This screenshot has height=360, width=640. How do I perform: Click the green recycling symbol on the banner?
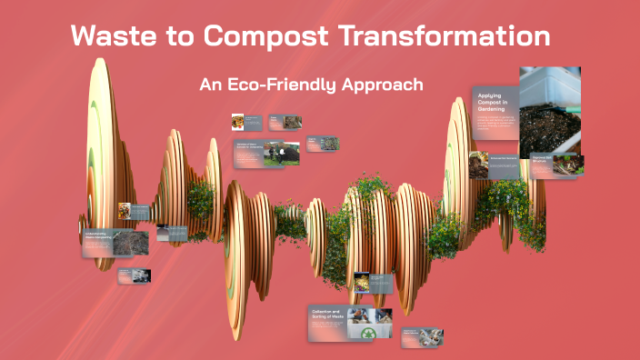click(369, 335)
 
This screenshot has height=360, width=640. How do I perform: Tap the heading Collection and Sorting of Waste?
click(328, 315)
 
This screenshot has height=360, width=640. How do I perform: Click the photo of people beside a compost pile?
click(282, 153)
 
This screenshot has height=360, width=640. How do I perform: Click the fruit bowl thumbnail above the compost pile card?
click(237, 121)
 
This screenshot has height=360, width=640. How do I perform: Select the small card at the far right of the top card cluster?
click(324, 144)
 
